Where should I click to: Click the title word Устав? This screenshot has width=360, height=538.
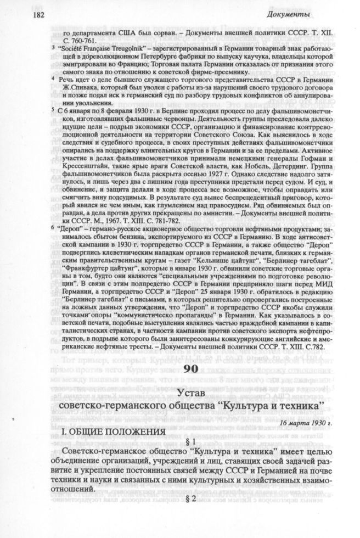[199, 390]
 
